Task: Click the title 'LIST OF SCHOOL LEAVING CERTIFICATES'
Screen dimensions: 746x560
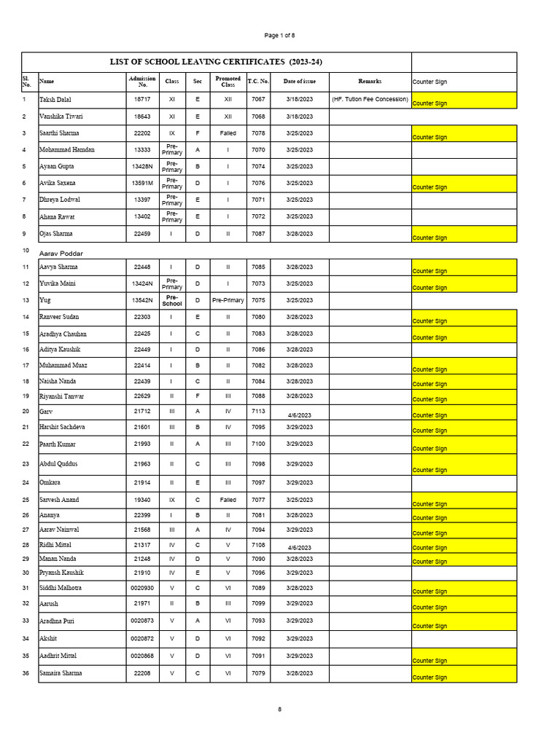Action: point(216,63)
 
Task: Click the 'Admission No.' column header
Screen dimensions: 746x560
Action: point(142,82)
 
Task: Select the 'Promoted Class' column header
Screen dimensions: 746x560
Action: point(227,82)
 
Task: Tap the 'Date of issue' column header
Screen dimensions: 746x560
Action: point(299,82)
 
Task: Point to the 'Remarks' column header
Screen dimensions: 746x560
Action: point(370,82)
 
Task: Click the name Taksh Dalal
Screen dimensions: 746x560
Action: point(55,99)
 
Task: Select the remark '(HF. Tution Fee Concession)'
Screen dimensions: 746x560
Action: point(370,99)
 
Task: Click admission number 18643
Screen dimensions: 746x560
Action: point(142,117)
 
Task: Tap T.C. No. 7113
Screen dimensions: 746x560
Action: point(258,411)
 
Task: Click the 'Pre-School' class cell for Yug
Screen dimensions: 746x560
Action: point(172,300)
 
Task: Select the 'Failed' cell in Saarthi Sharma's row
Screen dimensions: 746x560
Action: point(227,133)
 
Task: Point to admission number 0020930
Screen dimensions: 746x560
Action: point(142,588)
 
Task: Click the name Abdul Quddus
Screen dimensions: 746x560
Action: point(58,464)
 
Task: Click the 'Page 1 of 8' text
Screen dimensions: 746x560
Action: point(280,35)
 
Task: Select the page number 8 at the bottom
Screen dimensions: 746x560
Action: point(279,709)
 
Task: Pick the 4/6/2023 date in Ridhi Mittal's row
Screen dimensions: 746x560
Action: point(299,547)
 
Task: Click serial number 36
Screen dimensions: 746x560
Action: point(26,673)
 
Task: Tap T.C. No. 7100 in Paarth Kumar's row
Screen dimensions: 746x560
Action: point(258,444)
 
